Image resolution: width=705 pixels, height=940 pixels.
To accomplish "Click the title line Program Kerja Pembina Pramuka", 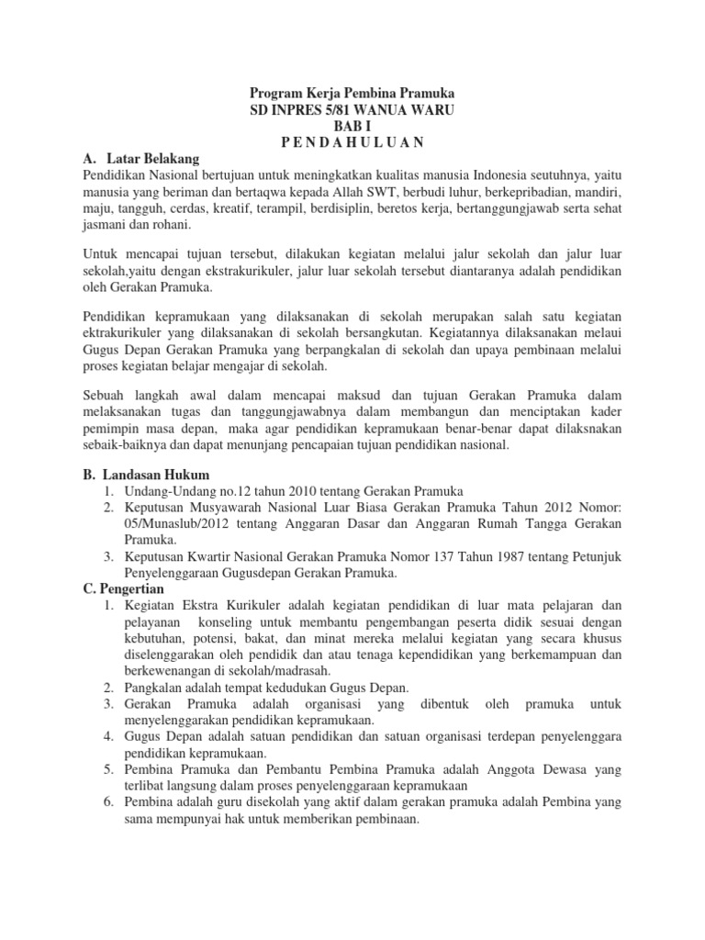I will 353,95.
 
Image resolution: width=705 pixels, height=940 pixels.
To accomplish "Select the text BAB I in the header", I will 353,126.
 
